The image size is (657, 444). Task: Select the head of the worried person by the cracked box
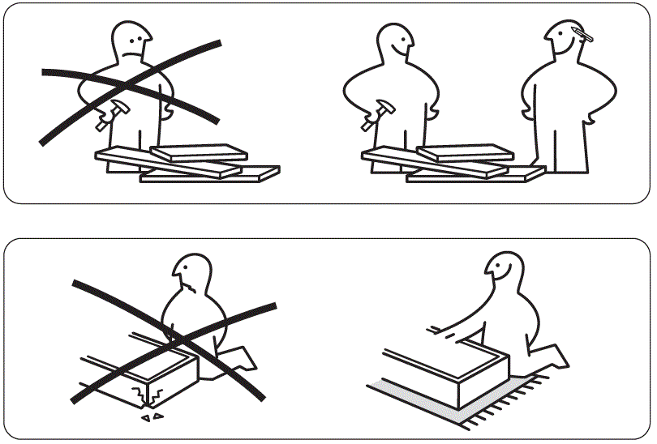[x=191, y=276]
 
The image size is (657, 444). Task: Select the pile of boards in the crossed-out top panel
[x=187, y=162]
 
